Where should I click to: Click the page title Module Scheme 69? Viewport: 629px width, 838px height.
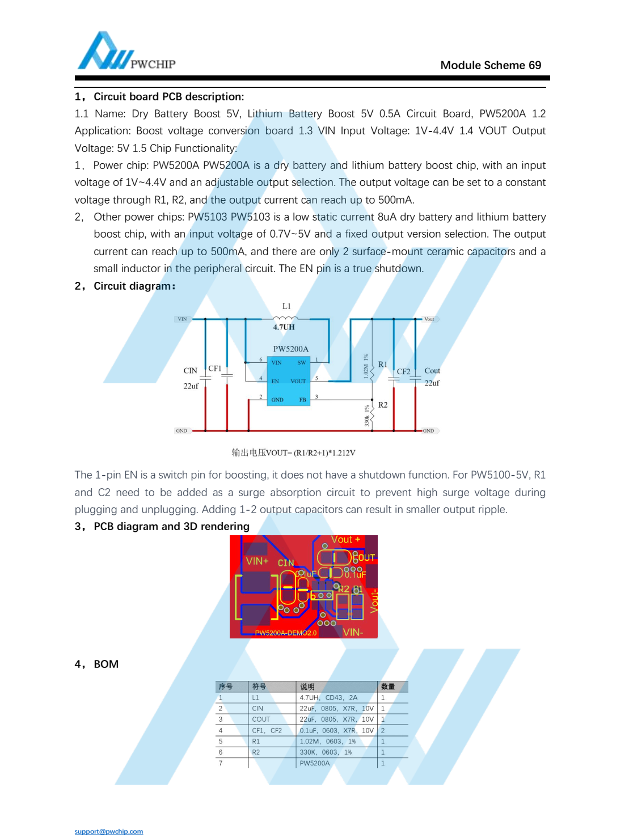(x=491, y=65)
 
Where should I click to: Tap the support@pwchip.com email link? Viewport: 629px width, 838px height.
(x=109, y=831)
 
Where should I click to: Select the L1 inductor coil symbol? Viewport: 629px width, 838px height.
(x=285, y=319)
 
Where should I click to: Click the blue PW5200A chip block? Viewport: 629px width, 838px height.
(x=289, y=381)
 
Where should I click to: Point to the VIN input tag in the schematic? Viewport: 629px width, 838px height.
(x=182, y=319)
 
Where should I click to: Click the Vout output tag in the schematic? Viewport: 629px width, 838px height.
(x=430, y=319)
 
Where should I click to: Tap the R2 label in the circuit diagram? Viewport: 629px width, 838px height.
(x=383, y=405)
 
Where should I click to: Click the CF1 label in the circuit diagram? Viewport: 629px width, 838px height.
(x=215, y=369)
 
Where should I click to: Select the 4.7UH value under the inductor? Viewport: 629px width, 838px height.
(x=284, y=327)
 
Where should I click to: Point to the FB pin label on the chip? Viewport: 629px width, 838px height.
(x=302, y=400)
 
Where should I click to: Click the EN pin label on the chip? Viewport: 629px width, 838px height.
(x=275, y=382)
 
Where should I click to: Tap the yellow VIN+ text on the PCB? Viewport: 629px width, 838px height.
(x=257, y=561)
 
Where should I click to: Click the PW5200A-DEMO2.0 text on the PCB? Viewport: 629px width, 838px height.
(x=286, y=633)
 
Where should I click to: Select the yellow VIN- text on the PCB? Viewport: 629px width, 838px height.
(x=353, y=632)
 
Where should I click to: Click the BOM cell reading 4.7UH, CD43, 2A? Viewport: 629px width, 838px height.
(x=329, y=697)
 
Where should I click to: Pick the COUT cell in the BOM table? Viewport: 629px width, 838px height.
(x=261, y=720)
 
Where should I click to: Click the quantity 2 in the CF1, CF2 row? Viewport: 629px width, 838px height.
(x=383, y=731)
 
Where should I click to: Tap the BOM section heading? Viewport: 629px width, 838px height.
(x=105, y=664)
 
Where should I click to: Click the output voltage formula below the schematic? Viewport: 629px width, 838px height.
(x=293, y=452)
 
